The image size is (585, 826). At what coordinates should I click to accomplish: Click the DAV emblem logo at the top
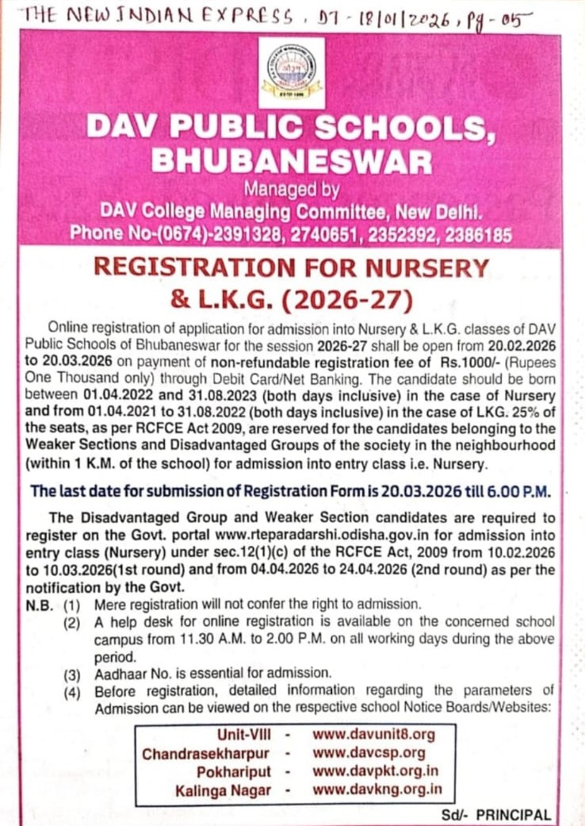coord(291,71)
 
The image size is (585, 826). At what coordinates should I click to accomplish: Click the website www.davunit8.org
coord(373,735)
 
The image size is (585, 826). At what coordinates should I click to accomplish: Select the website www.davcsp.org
coord(369,753)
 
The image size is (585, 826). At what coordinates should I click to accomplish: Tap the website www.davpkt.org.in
coord(376,771)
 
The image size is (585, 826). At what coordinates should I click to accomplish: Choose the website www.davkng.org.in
coord(377,790)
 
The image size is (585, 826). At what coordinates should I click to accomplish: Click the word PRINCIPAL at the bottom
coord(514,815)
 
